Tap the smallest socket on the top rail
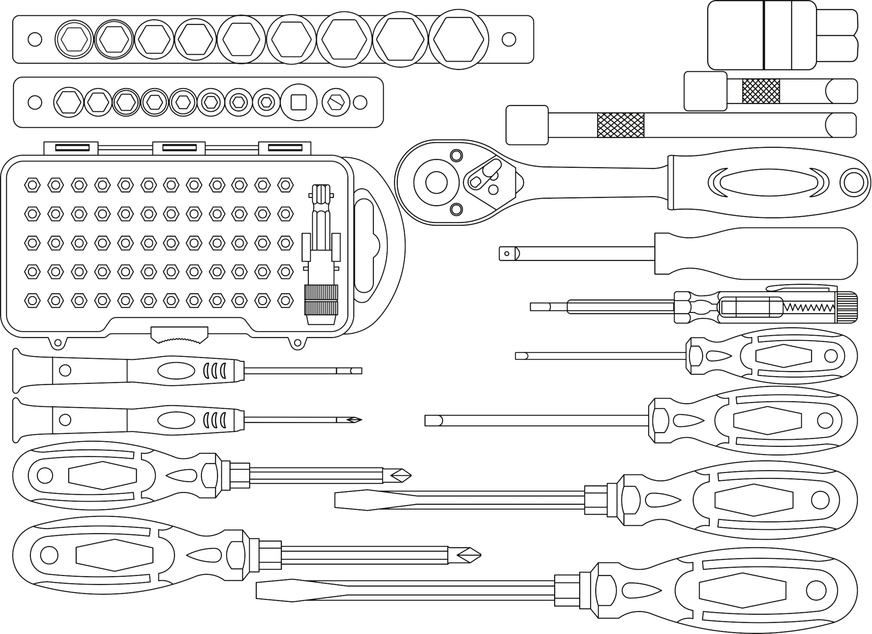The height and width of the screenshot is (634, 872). pyautogui.click(x=74, y=39)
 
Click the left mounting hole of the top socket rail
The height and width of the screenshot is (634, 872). pyautogui.click(x=35, y=39)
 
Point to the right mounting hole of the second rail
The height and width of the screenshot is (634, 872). pyautogui.click(x=360, y=102)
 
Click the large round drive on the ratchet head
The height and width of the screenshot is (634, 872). pyautogui.click(x=436, y=183)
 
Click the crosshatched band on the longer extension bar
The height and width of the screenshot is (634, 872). pyautogui.click(x=621, y=125)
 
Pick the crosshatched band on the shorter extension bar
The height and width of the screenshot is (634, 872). pyautogui.click(x=761, y=91)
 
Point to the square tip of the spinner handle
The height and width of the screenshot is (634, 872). pyautogui.click(x=507, y=254)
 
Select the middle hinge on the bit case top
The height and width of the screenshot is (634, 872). pyautogui.click(x=179, y=148)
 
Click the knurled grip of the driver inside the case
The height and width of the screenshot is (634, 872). pyautogui.click(x=321, y=300)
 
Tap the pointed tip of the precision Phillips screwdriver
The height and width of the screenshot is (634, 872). pyautogui.click(x=356, y=420)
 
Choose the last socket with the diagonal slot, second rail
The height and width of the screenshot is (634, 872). pyautogui.click(x=336, y=102)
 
